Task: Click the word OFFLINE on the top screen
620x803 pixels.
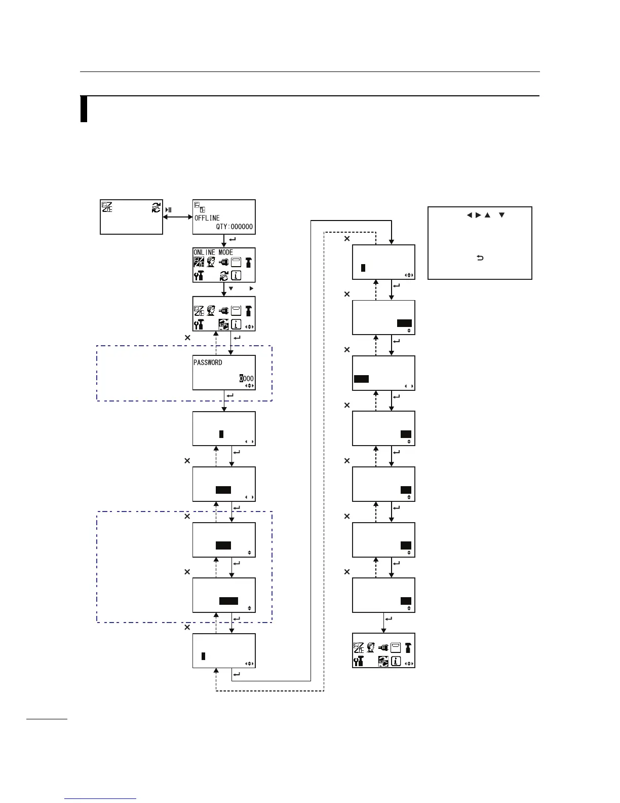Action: pyautogui.click(x=207, y=218)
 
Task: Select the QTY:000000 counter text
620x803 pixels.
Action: pyautogui.click(x=234, y=227)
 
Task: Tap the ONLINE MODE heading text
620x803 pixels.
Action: pyautogui.click(x=213, y=252)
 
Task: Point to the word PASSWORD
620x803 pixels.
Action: pyautogui.click(x=208, y=362)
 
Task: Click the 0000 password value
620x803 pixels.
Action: pyautogui.click(x=246, y=378)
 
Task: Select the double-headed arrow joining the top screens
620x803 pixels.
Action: pyautogui.click(x=177, y=217)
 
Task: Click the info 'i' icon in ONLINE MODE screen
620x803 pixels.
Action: pyautogui.click(x=236, y=275)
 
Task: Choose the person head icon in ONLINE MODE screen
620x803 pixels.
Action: pyautogui.click(x=211, y=262)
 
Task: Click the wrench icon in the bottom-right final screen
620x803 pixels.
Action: pyautogui.click(x=358, y=661)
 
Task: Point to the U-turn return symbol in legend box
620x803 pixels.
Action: pyautogui.click(x=480, y=258)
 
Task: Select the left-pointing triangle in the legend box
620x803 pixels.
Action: pyautogui.click(x=469, y=215)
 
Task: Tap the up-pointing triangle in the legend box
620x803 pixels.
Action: pyautogui.click(x=487, y=215)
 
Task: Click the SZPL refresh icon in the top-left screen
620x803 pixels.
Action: pyautogui.click(x=157, y=207)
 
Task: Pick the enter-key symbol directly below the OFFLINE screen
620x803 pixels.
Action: pyautogui.click(x=232, y=239)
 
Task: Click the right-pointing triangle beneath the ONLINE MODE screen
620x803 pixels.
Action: pyautogui.click(x=251, y=288)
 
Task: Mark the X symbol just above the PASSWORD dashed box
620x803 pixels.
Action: pyautogui.click(x=187, y=337)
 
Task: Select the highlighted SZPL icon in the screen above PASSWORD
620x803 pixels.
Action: pyautogui.click(x=223, y=324)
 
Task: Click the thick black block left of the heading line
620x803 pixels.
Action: pyautogui.click(x=84, y=109)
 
